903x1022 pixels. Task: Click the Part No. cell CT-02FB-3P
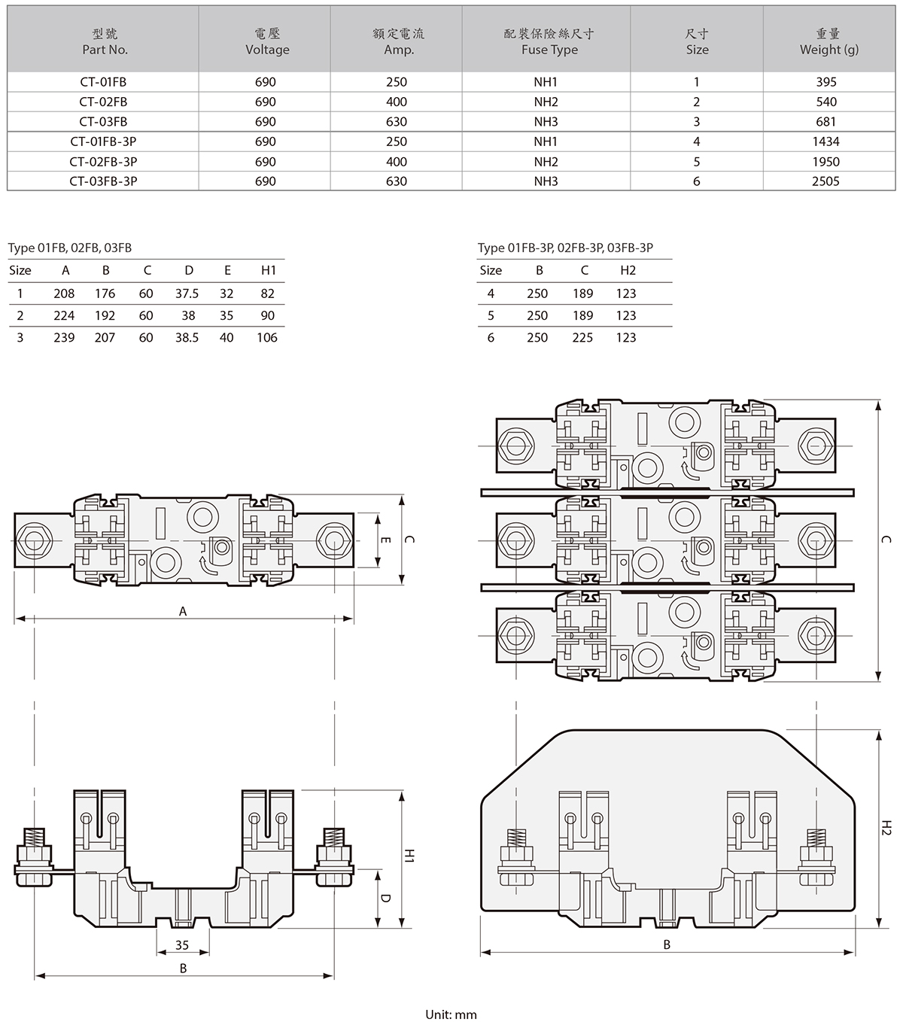103,161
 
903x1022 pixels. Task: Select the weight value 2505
825,181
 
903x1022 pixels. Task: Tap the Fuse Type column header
549,42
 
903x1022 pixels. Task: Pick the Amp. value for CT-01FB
397,82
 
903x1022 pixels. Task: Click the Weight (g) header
829,42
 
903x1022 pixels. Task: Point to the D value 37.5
187,294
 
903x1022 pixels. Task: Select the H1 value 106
267,337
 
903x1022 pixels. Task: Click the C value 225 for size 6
582,337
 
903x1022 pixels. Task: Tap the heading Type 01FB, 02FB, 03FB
70,248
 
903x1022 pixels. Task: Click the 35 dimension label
182,944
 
